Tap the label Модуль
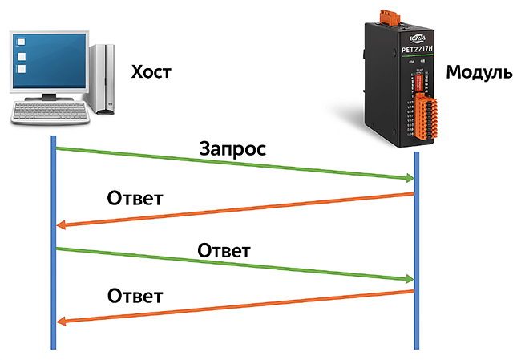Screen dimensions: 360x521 click(x=479, y=73)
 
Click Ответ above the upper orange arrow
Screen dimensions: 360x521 click(x=135, y=197)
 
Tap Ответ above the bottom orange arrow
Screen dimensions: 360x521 click(x=135, y=296)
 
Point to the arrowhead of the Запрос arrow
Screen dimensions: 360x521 click(x=406, y=178)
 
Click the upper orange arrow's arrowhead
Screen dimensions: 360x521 click(x=63, y=226)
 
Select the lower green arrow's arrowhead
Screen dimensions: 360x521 click(x=406, y=279)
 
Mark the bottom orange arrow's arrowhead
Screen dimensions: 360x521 click(x=63, y=322)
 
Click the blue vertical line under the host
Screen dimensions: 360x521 click(x=53, y=241)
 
